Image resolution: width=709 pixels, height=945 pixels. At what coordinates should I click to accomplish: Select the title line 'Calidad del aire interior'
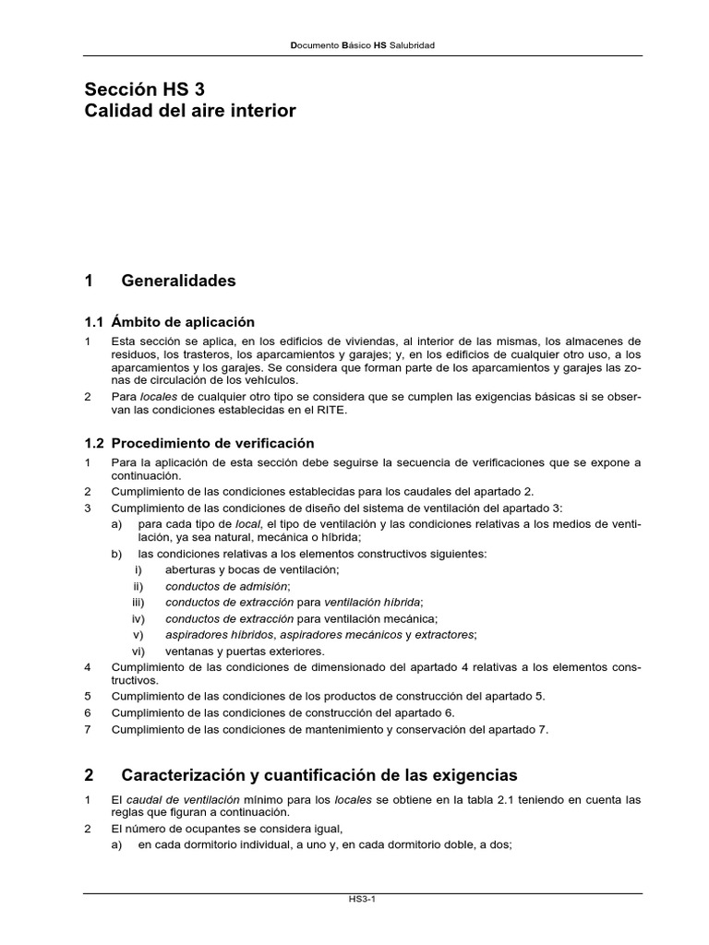pyautogui.click(x=190, y=111)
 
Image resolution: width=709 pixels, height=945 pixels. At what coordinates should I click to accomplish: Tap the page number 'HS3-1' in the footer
pyautogui.click(x=354, y=909)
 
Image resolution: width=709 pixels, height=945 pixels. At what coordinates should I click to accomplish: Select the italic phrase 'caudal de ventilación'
pyautogui.click(x=183, y=799)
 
